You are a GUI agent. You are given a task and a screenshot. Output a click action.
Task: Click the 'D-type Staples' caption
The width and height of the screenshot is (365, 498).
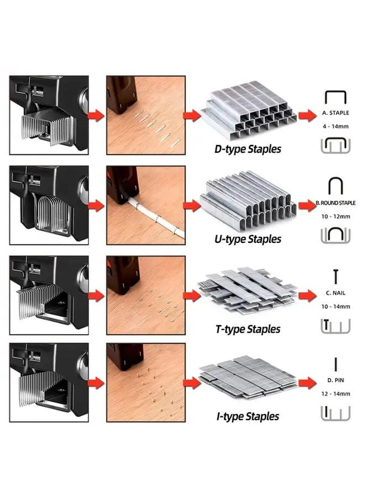pos(248,149)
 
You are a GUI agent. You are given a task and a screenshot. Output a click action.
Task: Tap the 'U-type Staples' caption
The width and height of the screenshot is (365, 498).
pos(248,239)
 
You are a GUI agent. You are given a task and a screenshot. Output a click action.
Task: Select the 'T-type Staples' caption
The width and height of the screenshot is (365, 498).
pos(248,329)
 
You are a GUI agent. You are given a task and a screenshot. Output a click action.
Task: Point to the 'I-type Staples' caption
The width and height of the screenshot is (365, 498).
pos(248,416)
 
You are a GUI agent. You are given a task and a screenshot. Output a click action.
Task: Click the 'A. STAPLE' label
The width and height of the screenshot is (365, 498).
pos(336,112)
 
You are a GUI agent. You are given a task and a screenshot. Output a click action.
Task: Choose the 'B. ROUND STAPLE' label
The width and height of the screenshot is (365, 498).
pos(336,203)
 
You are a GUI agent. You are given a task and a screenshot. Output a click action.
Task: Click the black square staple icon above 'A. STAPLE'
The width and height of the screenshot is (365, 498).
pos(335,97)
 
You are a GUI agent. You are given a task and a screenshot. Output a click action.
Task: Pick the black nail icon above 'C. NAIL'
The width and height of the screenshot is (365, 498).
pos(335,276)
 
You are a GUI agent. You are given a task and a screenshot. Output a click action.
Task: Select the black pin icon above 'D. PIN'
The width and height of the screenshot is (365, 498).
pos(336,364)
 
